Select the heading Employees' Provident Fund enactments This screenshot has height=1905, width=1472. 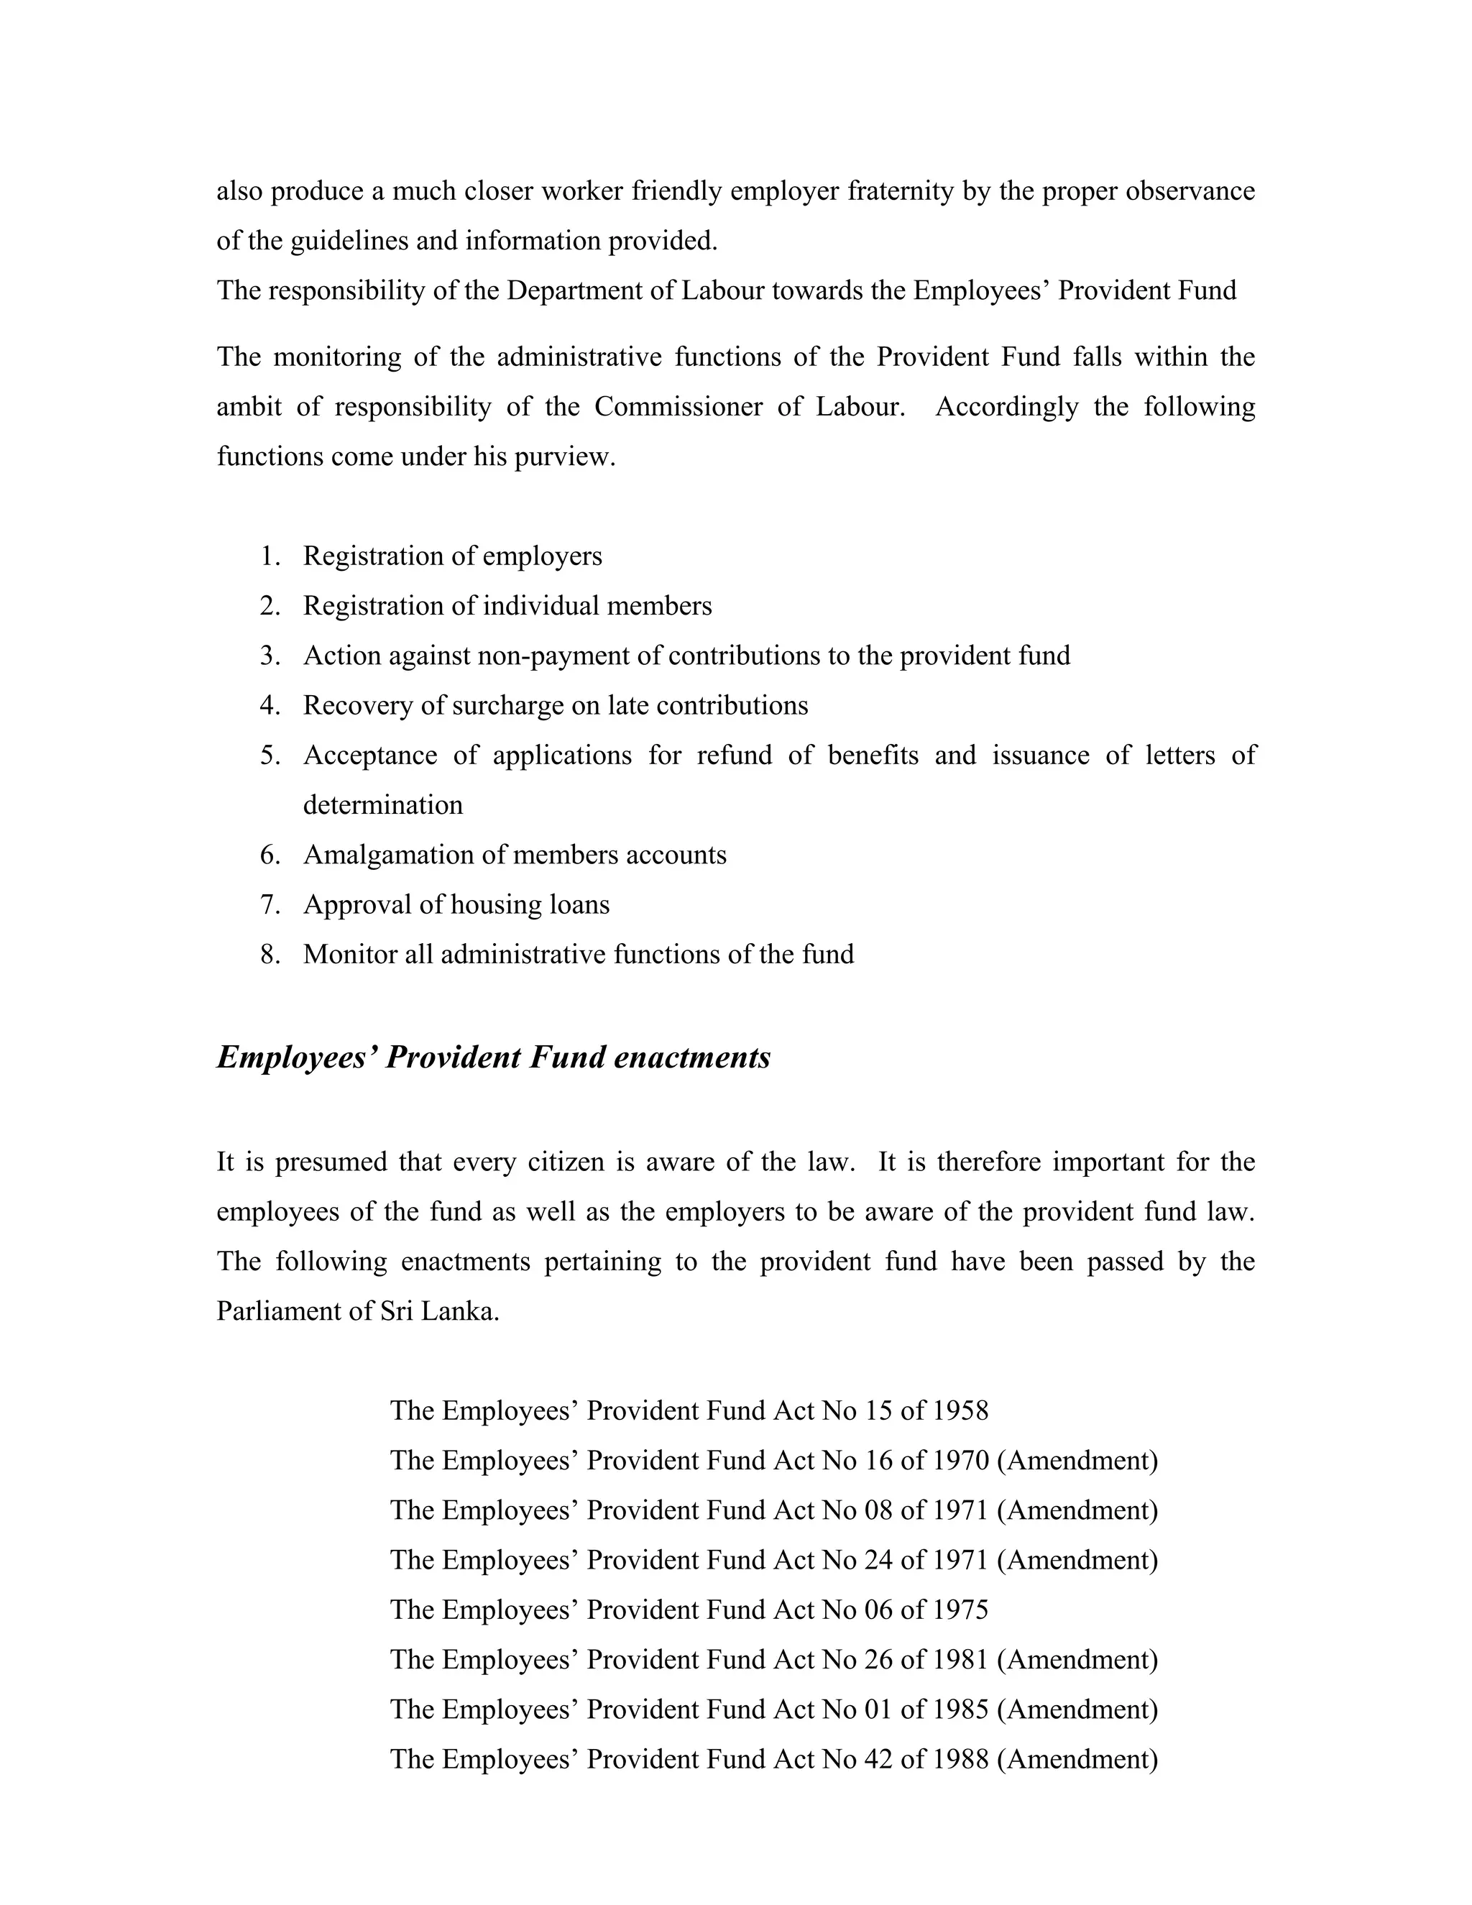click(x=494, y=1057)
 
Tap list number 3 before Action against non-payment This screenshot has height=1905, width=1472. click(x=270, y=656)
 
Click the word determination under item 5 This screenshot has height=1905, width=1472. click(x=383, y=805)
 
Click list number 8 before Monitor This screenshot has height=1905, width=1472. click(x=270, y=954)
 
